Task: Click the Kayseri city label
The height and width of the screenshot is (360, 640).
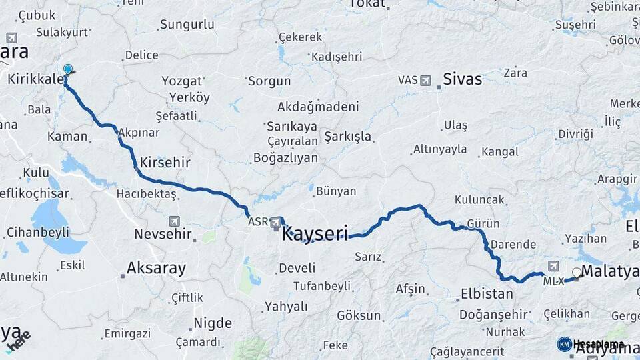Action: coord(315,235)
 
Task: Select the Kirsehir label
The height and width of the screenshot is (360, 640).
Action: coord(165,163)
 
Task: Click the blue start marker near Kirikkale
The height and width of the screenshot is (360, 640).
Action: coord(67,69)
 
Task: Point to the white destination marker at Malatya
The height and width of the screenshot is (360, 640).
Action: coord(576,273)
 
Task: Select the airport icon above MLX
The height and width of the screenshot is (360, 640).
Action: coord(553,266)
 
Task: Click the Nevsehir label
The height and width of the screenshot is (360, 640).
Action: coord(163,234)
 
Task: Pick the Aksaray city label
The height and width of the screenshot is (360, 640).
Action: coord(157,269)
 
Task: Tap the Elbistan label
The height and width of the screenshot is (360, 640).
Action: coord(487,293)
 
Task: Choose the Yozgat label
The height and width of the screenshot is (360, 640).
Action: coord(181,81)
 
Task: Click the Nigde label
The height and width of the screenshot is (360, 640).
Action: coord(213,323)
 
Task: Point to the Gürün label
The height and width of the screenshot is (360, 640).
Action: coord(483,223)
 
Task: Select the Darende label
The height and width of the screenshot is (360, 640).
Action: coord(513,245)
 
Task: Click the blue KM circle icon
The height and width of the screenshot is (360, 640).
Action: coord(565,344)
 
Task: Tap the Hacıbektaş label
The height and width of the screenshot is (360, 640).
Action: coord(146,193)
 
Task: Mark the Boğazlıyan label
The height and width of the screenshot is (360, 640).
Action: coord(285,159)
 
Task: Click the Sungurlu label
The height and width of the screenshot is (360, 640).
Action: coord(187,25)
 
